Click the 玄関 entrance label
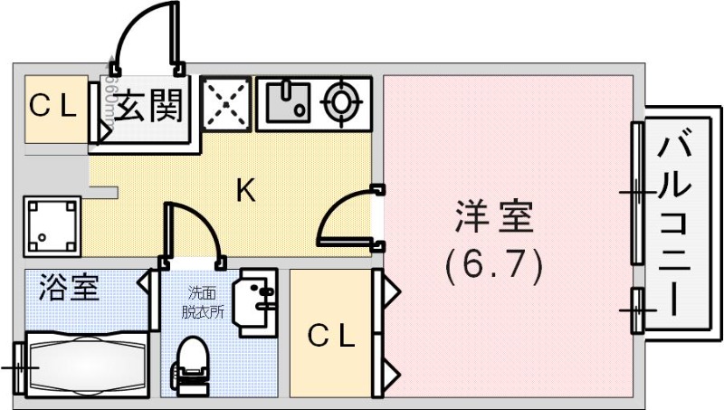click(149, 107)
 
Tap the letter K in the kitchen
click(245, 190)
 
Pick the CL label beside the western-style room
click(331, 336)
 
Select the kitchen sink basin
click(288, 102)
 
